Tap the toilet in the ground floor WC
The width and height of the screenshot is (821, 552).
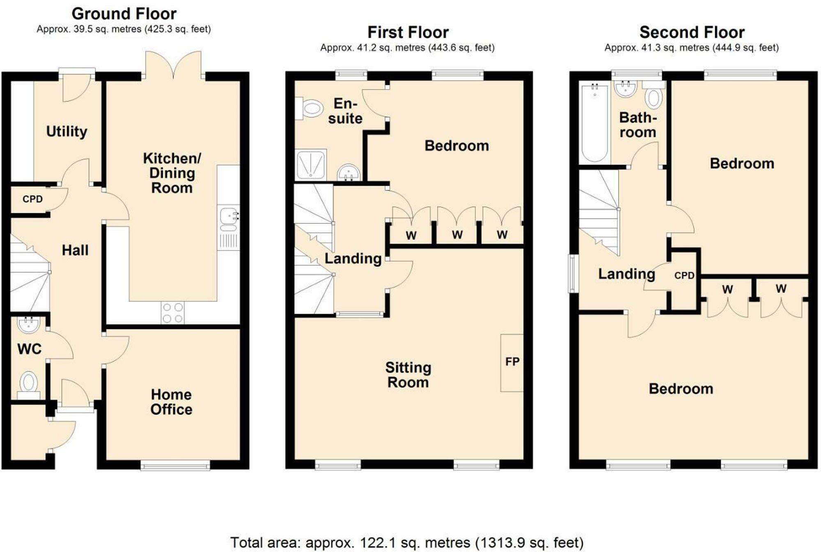(29, 383)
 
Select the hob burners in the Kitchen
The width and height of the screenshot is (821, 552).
(172, 313)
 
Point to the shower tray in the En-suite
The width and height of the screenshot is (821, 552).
(311, 165)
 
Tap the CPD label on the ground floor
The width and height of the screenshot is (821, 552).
(32, 199)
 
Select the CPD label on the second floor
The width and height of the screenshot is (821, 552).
(684, 276)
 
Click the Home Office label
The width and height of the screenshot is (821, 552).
(171, 402)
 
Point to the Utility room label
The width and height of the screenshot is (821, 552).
(67, 131)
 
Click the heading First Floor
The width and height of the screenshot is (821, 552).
(408, 32)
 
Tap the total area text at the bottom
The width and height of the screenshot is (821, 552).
(406, 543)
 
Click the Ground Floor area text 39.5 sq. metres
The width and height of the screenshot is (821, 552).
(124, 29)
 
